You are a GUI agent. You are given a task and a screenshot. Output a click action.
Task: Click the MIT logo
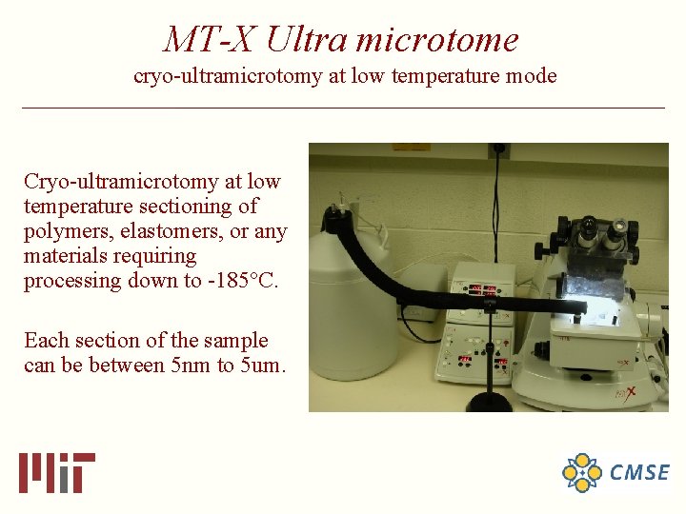pyautogui.click(x=57, y=472)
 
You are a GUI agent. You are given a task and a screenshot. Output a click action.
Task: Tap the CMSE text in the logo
pyautogui.click(x=639, y=472)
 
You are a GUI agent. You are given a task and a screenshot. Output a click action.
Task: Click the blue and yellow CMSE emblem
pyautogui.click(x=582, y=472)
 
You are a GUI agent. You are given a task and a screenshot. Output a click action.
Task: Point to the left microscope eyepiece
pyautogui.click(x=589, y=228)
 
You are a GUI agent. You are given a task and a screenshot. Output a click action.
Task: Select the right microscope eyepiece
pyautogui.click(x=618, y=228)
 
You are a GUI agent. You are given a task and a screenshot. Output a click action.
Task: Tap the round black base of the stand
pyautogui.click(x=490, y=404)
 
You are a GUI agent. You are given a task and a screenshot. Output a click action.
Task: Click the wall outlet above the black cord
pyautogui.click(x=498, y=150)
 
